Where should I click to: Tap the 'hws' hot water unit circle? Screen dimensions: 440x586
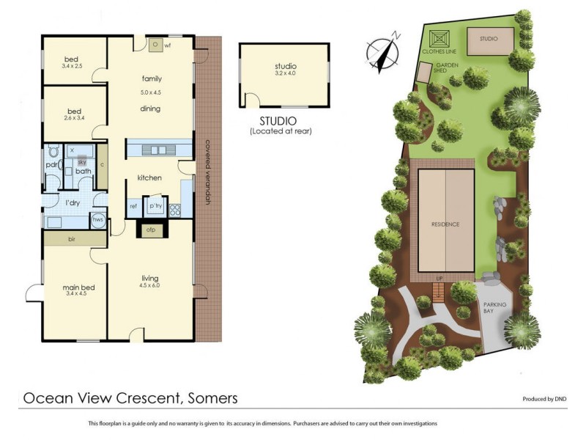point(97,219)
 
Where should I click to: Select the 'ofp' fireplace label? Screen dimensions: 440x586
point(150,230)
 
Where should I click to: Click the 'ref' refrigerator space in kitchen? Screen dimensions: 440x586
point(133,207)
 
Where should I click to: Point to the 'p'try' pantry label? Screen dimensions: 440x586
point(155,207)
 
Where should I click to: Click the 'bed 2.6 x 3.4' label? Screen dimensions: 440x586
point(71,114)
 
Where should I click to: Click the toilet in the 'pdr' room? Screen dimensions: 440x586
point(52,153)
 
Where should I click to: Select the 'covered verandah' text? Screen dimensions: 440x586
point(208,172)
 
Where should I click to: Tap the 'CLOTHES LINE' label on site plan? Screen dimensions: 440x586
point(440,52)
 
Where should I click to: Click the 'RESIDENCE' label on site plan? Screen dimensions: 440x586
point(445,224)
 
